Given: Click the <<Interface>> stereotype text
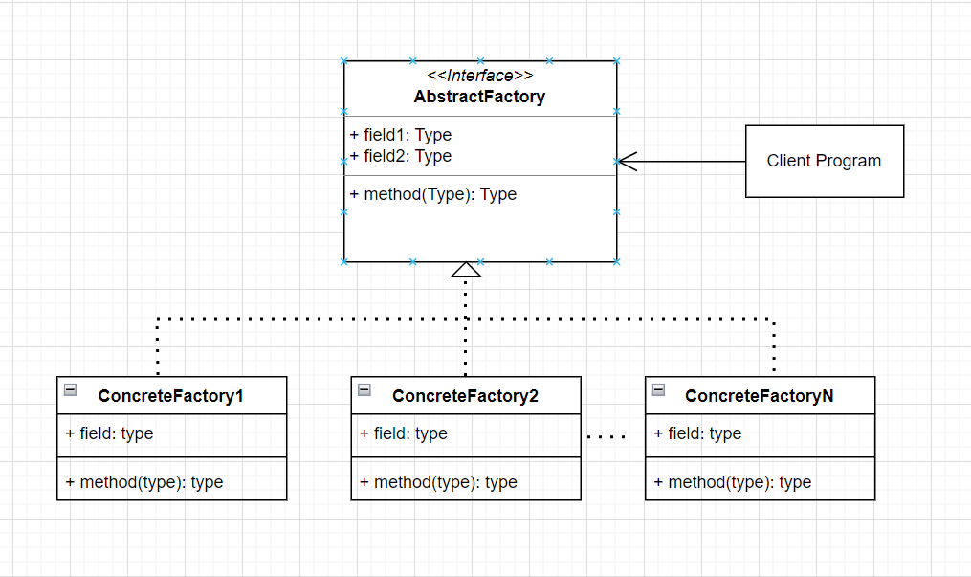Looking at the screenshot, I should tap(479, 76).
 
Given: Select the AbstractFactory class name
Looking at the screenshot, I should tap(479, 97).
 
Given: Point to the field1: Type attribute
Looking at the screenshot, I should tap(401, 135).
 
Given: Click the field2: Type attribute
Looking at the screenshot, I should tap(401, 156).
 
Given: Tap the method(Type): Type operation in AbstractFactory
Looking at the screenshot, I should tap(433, 194).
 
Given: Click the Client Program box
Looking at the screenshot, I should tap(824, 161).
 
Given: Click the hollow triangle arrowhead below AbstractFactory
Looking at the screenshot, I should tap(466, 270).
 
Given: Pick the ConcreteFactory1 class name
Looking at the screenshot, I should tap(170, 396).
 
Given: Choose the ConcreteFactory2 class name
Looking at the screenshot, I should tap(465, 396).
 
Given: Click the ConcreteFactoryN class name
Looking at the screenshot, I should tap(759, 396).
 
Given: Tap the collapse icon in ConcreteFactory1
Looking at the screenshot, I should tap(70, 389).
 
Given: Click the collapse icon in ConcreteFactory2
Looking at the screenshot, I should tap(364, 389).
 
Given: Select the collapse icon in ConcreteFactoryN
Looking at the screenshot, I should tap(658, 389).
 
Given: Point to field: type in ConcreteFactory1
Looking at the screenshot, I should tap(110, 433).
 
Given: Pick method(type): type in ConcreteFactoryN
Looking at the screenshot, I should tap(733, 482).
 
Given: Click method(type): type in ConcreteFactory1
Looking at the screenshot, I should tap(144, 482).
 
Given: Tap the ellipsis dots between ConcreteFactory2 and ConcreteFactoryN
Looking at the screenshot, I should tap(606, 437).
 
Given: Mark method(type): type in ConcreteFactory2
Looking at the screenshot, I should tap(438, 482).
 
